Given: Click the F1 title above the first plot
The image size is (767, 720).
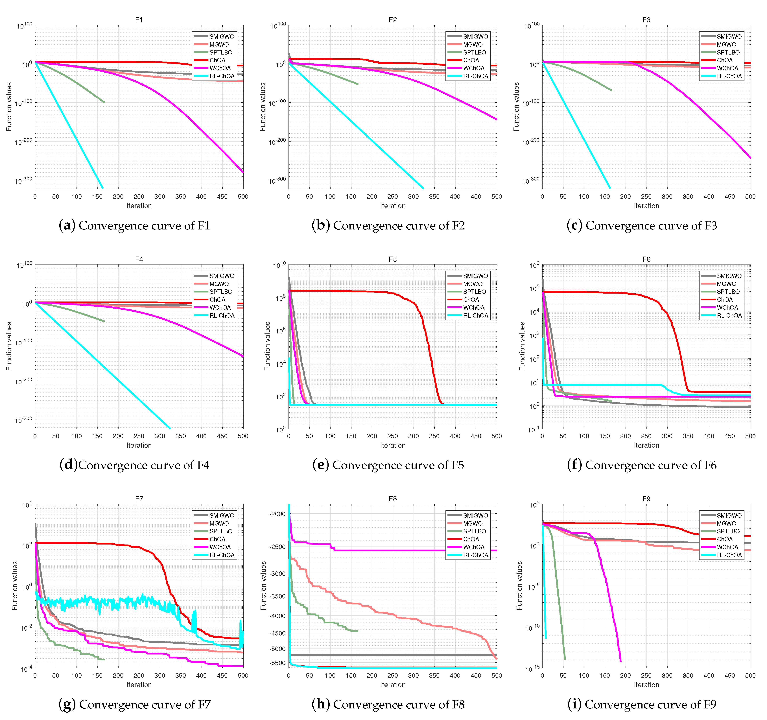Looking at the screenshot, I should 139,20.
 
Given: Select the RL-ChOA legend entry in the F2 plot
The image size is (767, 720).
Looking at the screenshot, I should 475,76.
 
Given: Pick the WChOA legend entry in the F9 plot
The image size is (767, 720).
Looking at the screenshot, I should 727,547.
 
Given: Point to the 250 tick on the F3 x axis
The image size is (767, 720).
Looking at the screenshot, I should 646,196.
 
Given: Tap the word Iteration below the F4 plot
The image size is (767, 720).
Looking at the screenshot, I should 139,445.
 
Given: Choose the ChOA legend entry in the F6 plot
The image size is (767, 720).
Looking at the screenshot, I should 725,300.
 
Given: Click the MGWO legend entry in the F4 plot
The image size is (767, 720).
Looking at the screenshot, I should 219,284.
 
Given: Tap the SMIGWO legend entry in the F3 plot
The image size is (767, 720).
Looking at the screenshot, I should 729,36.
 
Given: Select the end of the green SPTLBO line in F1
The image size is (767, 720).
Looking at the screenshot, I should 104,102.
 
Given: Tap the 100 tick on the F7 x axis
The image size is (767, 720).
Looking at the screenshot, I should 76,676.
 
